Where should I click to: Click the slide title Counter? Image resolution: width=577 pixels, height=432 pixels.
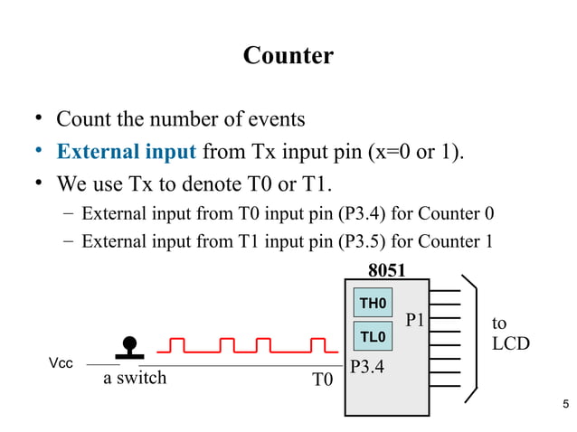click(x=288, y=56)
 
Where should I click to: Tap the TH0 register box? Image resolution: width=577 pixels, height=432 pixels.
click(x=372, y=303)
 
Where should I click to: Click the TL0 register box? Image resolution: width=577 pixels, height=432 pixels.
click(x=372, y=337)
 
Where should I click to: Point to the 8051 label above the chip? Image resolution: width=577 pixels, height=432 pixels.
click(x=386, y=269)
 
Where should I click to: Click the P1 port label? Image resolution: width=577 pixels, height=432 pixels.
click(x=418, y=319)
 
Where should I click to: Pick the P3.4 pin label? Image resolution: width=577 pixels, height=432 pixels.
click(x=368, y=367)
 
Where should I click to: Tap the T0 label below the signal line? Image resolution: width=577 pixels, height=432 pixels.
click(x=322, y=380)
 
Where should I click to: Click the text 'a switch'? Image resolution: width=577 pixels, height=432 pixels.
click(x=135, y=378)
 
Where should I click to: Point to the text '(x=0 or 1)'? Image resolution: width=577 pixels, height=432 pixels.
click(x=419, y=151)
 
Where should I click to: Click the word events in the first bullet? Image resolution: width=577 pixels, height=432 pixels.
click(x=273, y=118)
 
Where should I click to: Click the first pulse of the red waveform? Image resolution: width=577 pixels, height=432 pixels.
click(x=176, y=345)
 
